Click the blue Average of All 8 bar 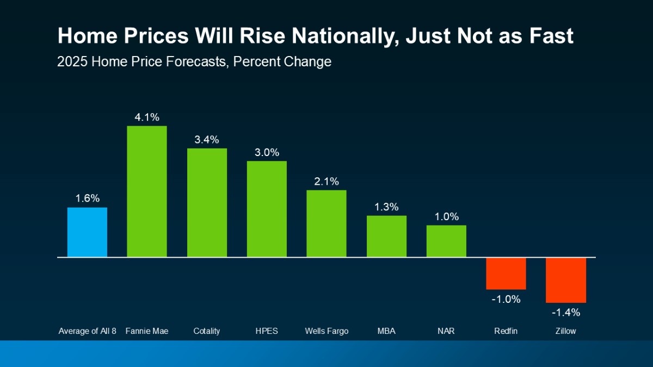[87, 232]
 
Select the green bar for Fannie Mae [147, 191]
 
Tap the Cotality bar [207, 202]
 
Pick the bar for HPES [267, 209]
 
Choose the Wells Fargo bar [326, 223]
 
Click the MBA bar [386, 236]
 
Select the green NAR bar [446, 241]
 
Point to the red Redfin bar [506, 273]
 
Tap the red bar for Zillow [566, 279]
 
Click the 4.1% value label [147, 117]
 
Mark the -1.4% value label [566, 313]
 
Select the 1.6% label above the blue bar [87, 198]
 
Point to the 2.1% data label [326, 181]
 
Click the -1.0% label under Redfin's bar [506, 299]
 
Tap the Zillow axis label [566, 331]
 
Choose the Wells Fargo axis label [326, 331]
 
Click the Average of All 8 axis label [87, 331]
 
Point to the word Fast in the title [549, 36]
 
